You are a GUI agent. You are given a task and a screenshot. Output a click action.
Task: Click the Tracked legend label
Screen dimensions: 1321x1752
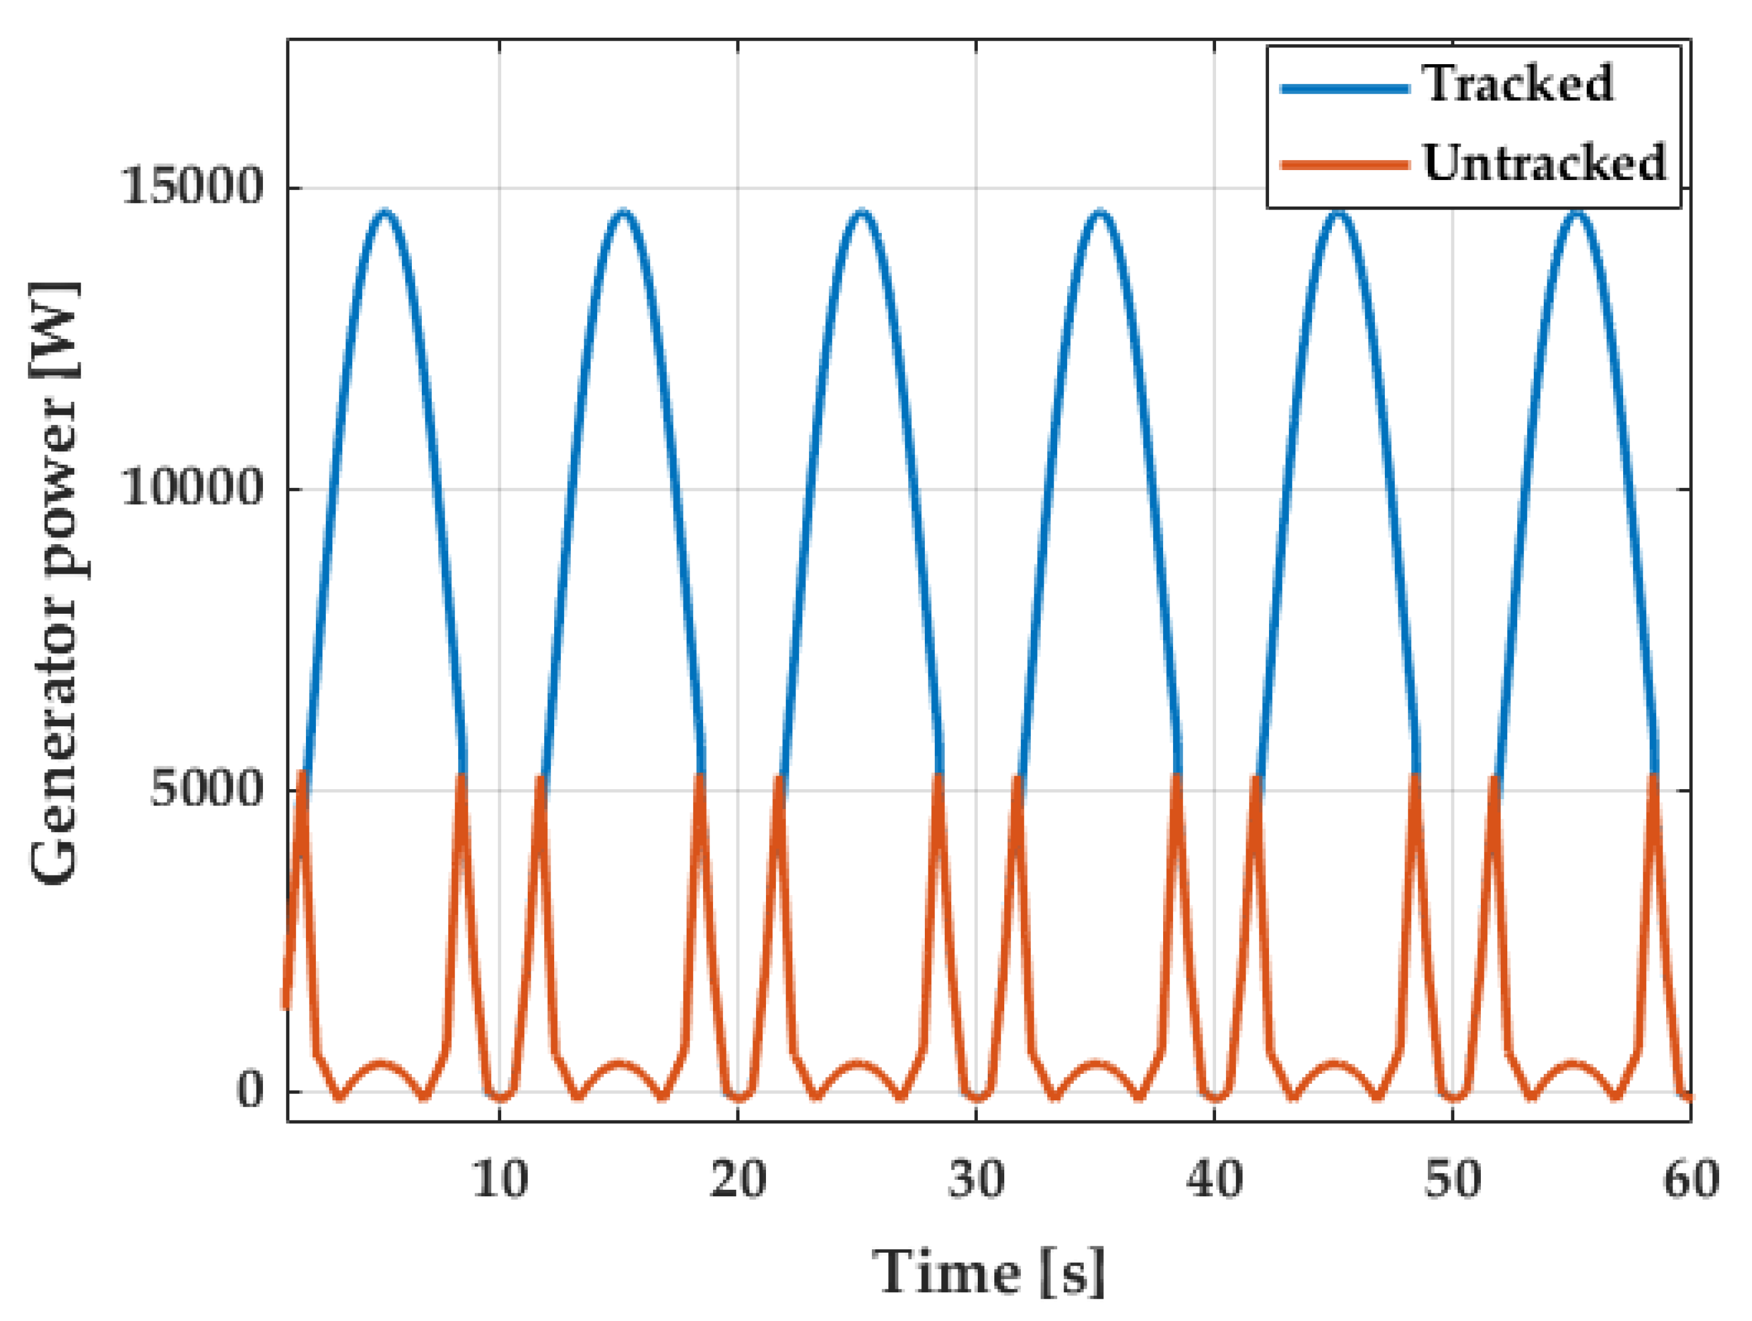click(x=1517, y=83)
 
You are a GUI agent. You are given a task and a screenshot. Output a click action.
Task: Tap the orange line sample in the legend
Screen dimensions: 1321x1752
click(x=1345, y=165)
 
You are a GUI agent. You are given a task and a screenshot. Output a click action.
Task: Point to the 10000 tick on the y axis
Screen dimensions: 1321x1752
click(x=192, y=488)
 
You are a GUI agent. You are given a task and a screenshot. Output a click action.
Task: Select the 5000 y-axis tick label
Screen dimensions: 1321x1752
click(x=206, y=789)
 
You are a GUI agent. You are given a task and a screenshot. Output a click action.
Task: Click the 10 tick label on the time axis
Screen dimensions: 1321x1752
click(x=500, y=1179)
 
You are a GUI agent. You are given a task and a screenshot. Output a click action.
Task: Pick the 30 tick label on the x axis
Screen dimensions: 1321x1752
click(x=976, y=1179)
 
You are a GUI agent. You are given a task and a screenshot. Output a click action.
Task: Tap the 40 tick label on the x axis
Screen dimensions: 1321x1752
click(x=1214, y=1179)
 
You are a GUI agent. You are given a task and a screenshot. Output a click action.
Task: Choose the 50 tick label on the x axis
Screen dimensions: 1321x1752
click(x=1453, y=1179)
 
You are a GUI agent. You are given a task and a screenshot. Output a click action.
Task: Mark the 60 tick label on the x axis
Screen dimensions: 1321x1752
click(x=1690, y=1179)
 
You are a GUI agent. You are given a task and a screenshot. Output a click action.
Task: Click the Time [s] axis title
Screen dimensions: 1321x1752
click(x=988, y=1273)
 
